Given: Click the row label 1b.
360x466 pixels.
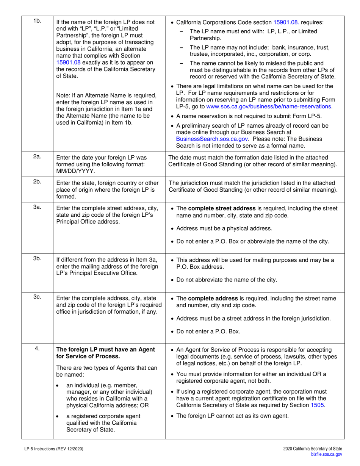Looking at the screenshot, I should click(x=37, y=21).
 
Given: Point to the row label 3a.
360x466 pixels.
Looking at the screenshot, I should click(x=37, y=208).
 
